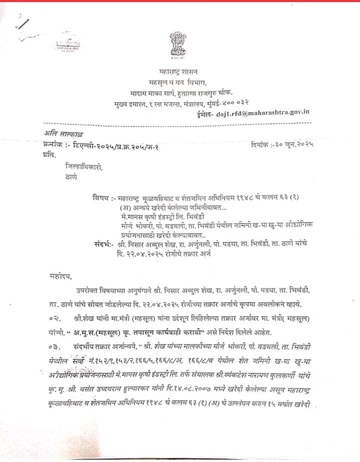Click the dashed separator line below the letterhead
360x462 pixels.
pos(180,123)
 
